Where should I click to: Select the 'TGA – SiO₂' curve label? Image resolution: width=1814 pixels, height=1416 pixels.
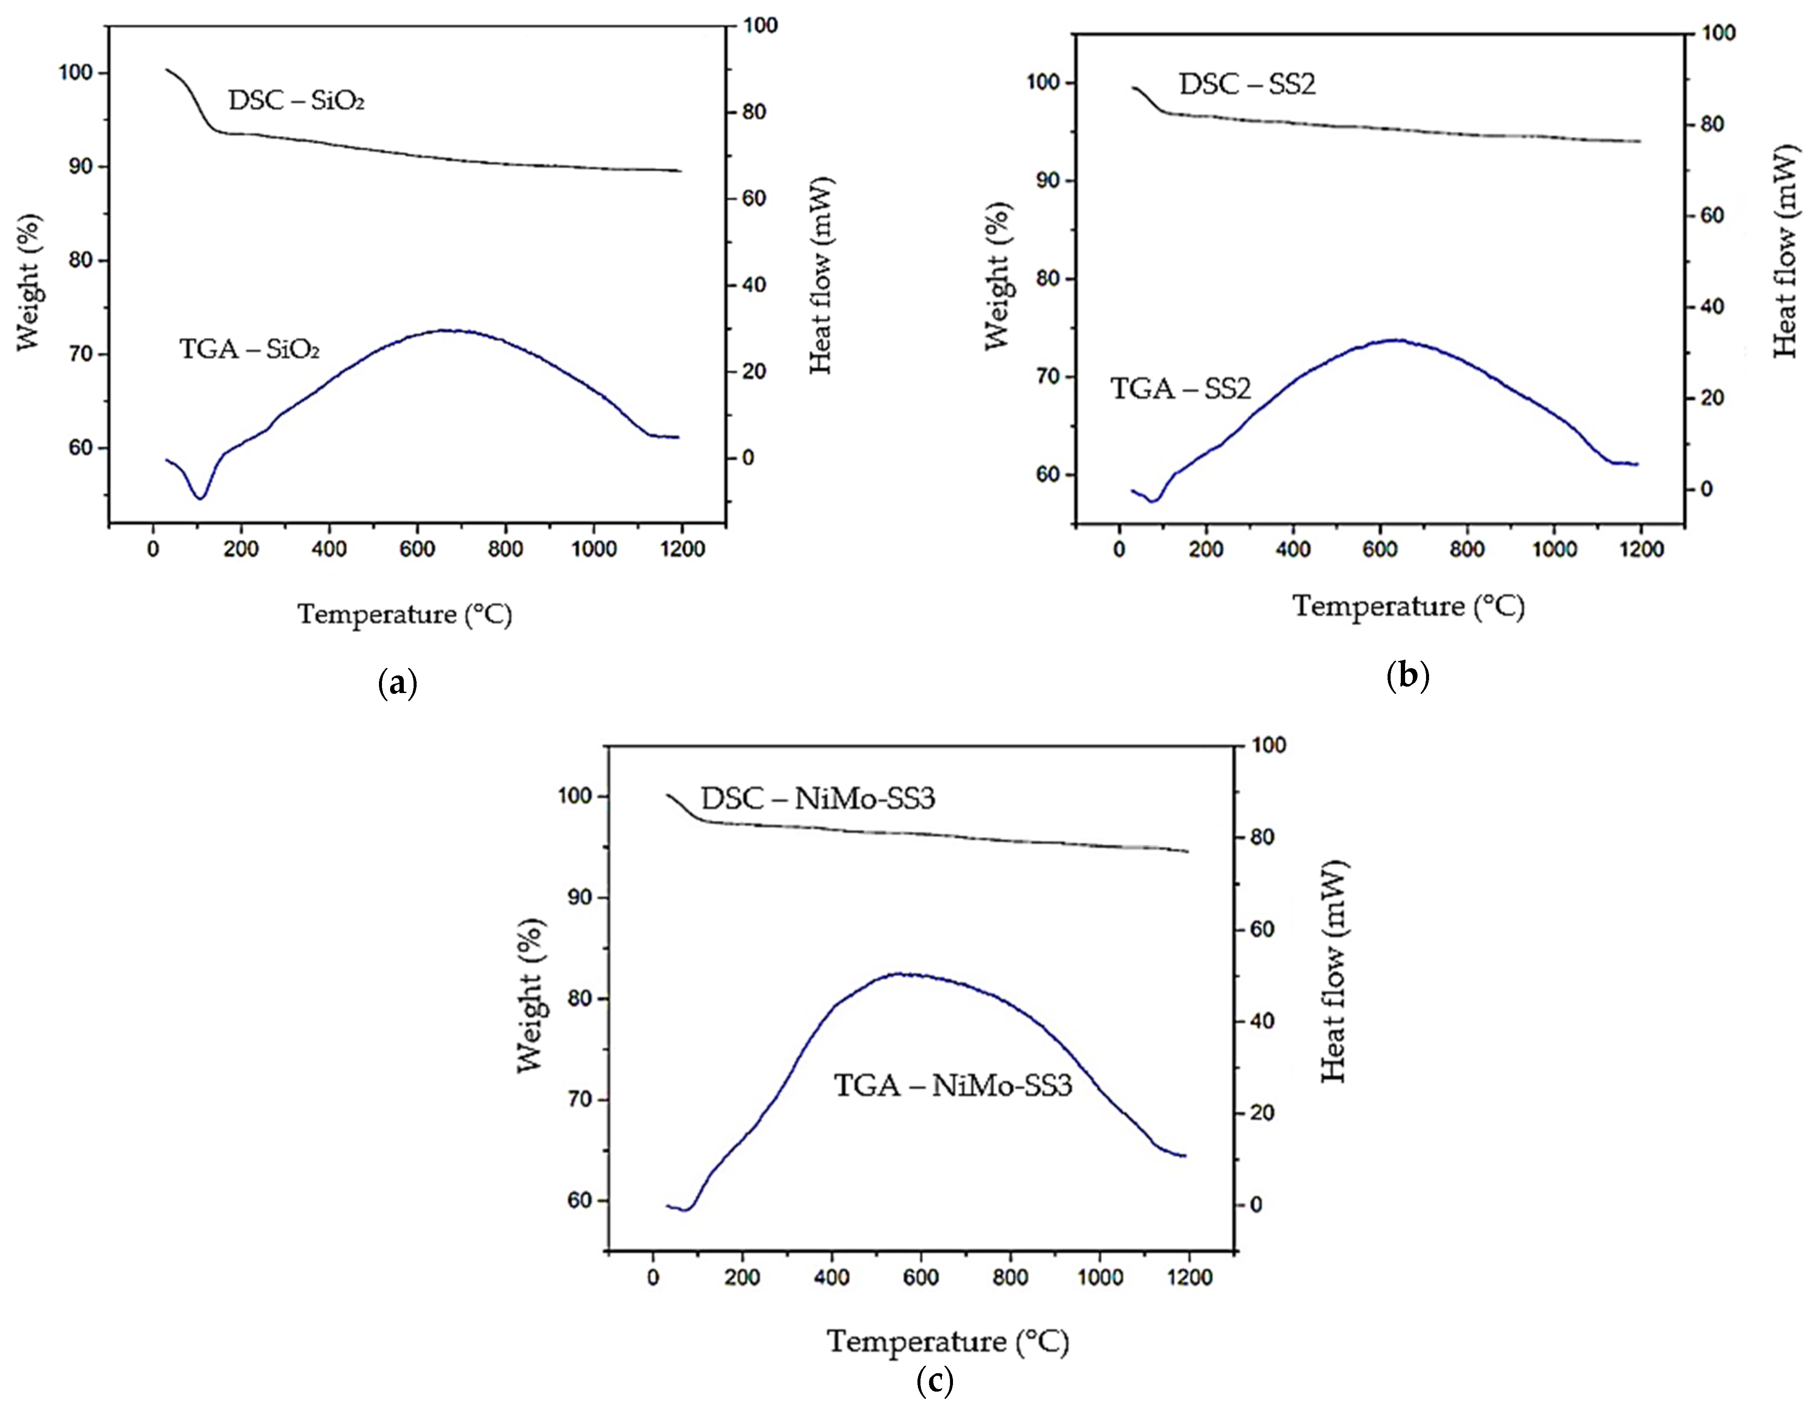(249, 349)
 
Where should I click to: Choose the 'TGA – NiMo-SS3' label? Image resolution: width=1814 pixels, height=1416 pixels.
(953, 1085)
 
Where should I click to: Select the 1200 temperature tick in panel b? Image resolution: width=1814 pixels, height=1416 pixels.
(1641, 550)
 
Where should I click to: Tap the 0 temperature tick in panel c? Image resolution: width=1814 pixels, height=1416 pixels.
(654, 1277)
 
